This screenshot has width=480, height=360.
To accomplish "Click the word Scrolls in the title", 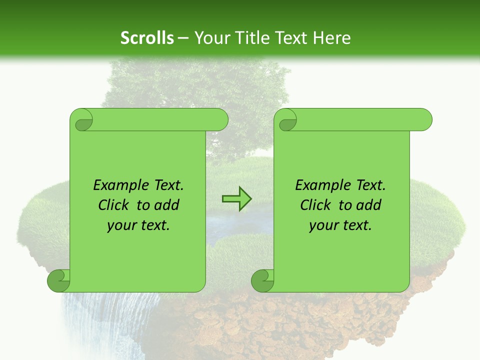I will coord(147,38).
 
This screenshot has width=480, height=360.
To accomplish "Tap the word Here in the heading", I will coord(331,38).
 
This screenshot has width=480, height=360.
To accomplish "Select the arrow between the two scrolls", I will coord(237,199).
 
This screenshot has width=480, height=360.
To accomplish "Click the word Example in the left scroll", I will coord(118,185).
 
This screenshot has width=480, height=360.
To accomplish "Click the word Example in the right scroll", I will coord(320,185).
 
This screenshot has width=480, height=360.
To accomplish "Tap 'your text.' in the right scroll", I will coord(340,225).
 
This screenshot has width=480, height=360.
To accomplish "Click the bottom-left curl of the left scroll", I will coord(58,280).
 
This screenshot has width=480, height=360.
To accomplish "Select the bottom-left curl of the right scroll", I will coord(262,280).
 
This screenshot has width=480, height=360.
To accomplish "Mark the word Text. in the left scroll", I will coord(166,185).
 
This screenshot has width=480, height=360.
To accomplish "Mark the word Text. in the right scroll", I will coord(368,185).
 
